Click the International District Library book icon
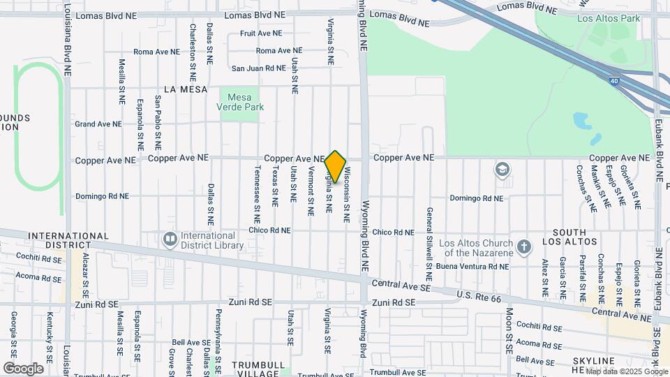coord(170,240)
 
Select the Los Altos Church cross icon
coord(525,247)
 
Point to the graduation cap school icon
coord(502,170)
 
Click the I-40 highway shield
coord(613,81)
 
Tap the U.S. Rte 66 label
coord(479,296)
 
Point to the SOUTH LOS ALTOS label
coord(574,237)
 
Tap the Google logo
coord(23,369)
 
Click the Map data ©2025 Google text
coord(627,371)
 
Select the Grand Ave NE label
coord(98,124)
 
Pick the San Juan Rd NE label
coord(259,68)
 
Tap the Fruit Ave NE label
coord(261,33)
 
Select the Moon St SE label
coord(509,330)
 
